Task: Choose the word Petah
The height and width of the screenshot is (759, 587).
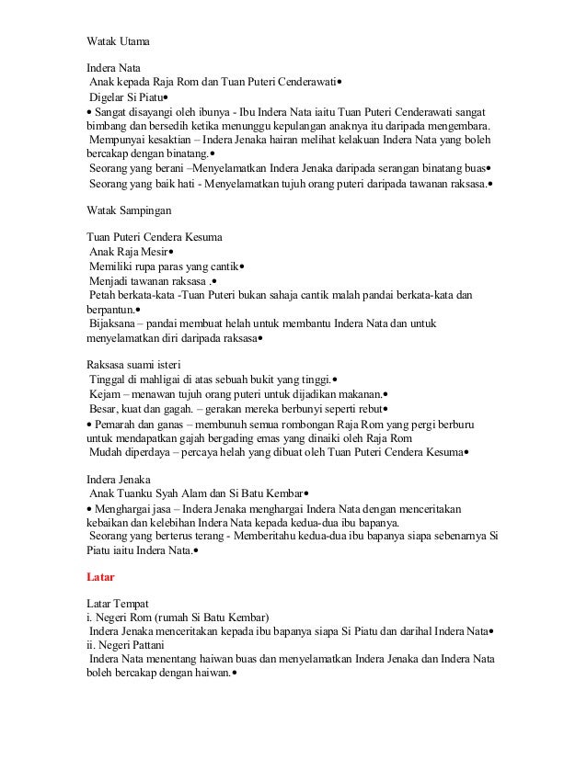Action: coord(101,296)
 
